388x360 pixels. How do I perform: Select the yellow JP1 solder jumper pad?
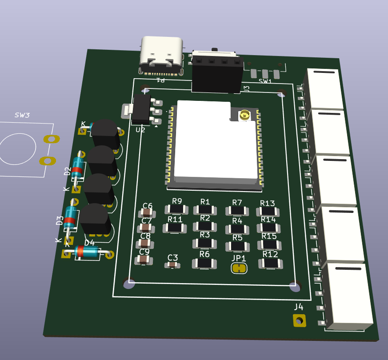click(x=239, y=268)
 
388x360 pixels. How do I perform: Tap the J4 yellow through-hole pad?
click(x=299, y=320)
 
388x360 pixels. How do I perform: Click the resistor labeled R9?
click(x=177, y=209)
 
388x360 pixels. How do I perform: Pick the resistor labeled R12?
click(x=270, y=263)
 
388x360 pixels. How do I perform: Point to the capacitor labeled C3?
click(x=172, y=265)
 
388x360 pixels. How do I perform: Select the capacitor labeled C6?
click(x=147, y=213)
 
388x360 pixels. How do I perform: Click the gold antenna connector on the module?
click(x=244, y=116)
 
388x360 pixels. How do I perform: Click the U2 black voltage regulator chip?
click(x=141, y=109)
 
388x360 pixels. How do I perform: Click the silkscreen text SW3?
click(x=22, y=115)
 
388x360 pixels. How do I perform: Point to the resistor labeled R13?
click(x=268, y=211)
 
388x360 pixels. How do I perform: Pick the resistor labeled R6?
click(x=204, y=263)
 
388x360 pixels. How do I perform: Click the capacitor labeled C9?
click(x=144, y=259)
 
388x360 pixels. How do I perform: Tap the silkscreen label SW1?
click(x=265, y=81)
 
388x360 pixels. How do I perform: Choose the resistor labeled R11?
click(x=175, y=228)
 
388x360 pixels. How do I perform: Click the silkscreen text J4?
click(x=299, y=307)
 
